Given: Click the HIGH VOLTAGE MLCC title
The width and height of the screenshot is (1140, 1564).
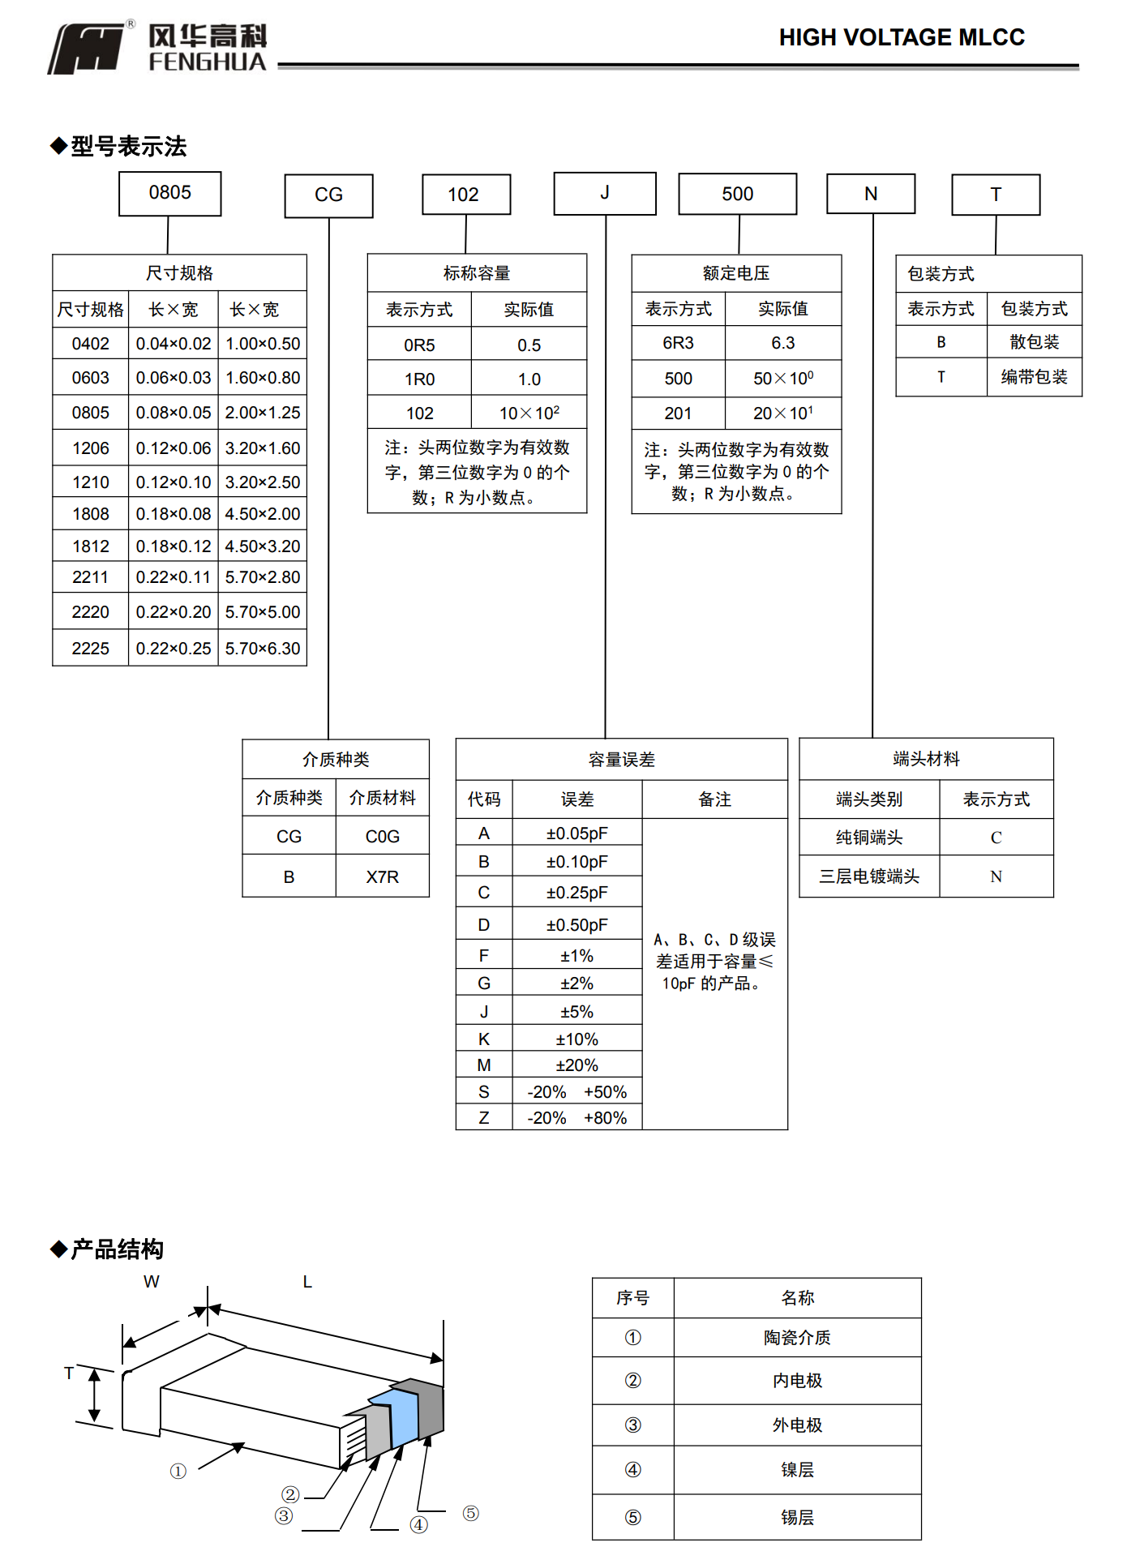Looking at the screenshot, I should (901, 37).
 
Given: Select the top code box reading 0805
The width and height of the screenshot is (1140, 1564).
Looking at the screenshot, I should (169, 193).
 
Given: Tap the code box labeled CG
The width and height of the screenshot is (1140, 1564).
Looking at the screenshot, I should (328, 195).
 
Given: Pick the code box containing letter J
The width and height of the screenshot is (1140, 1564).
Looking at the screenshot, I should (604, 193).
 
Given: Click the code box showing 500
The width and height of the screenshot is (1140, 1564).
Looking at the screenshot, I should (737, 194).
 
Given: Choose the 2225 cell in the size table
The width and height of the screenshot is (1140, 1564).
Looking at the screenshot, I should (90, 649).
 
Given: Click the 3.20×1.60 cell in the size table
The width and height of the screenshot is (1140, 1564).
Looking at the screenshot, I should (262, 448).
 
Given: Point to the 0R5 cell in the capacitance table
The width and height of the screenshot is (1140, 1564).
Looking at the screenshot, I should (419, 345).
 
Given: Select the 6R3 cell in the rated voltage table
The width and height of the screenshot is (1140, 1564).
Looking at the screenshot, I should (678, 343).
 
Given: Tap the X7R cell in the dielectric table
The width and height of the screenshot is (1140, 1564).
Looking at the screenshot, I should (382, 877).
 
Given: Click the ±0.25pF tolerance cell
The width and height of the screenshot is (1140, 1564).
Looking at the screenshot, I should (576, 893).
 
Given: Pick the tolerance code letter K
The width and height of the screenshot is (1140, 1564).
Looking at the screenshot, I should (483, 1039).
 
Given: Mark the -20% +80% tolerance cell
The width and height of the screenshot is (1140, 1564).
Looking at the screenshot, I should (576, 1118).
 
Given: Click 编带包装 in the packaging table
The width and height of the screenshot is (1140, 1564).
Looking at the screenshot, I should (1034, 377).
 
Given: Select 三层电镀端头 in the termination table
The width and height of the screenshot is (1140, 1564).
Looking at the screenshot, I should (868, 876).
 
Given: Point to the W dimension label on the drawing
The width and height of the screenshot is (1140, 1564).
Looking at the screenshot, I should (152, 1282).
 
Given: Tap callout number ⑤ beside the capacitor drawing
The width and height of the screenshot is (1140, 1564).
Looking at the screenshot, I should (470, 1514).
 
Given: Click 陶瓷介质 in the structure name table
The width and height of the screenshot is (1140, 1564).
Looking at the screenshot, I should (797, 1338).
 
